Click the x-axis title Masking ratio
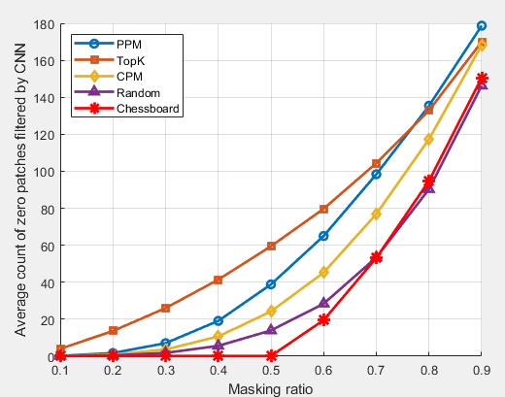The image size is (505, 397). [x=271, y=388]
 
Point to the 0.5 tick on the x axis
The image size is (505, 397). [x=271, y=371]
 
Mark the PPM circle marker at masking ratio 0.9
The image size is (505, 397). [x=482, y=26]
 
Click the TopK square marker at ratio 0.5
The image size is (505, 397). [x=271, y=247]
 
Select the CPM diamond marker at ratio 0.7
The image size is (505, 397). [x=376, y=214]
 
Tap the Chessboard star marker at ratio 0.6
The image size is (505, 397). [x=323, y=319]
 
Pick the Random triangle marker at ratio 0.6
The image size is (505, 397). [x=323, y=304]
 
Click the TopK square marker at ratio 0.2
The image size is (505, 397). [x=113, y=331]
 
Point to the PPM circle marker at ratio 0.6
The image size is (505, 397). [x=323, y=236]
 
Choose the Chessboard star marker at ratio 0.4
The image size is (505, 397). [x=219, y=356]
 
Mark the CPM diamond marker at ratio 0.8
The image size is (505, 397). [x=429, y=140]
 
